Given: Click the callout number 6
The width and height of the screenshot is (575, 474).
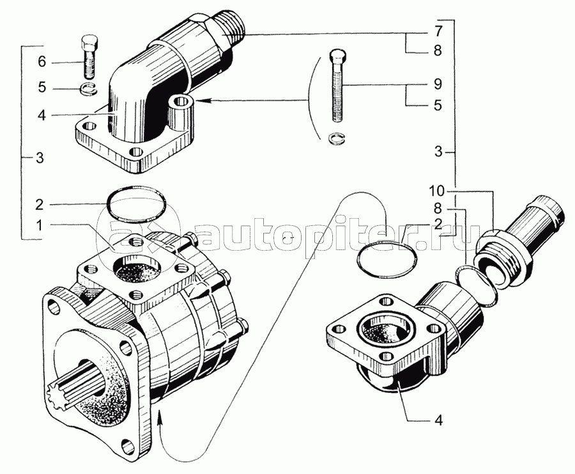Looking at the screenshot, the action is coord(42,63).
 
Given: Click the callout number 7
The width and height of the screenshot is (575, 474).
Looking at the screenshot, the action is coord(438,32).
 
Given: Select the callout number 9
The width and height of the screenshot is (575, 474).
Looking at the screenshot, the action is coord(438,85).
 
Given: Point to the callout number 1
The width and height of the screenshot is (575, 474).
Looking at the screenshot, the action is coord(42,226).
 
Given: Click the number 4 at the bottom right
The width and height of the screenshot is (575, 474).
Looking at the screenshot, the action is coord(438,420).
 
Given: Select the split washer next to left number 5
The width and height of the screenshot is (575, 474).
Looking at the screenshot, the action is coord(88,89).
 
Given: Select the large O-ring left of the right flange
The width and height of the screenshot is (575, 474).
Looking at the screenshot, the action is coord(387,259).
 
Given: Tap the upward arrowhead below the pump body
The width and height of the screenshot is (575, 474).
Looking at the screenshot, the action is coord(160,417).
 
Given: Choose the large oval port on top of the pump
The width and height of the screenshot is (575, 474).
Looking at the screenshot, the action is coord(137,269).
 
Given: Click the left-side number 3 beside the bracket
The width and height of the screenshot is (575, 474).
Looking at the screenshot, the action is coord(40,158).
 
